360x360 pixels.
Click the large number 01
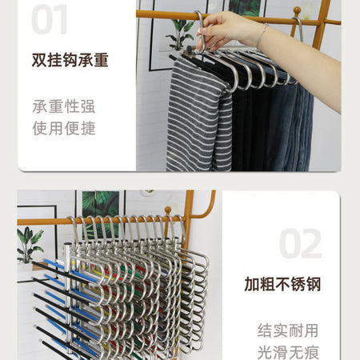pos(50,19)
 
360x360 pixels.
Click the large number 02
pos(300,243)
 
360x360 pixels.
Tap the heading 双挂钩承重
pos(70,60)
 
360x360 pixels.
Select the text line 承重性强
pos(64,106)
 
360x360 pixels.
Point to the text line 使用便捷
pos(64,128)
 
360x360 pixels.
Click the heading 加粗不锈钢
pos(282,284)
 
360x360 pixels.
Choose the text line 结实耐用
pos(288,330)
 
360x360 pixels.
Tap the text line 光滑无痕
pos(288,352)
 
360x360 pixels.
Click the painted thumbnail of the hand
pos(202,31)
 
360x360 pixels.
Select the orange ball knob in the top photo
pos(297,11)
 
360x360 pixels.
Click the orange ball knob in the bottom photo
pos(168,210)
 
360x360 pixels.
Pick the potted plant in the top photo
pos(180,34)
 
